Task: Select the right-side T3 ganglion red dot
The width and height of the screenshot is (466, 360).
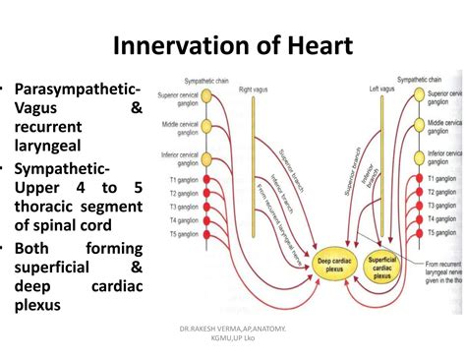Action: click(x=414, y=207)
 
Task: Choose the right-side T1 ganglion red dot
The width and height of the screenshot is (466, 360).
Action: click(x=414, y=179)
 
